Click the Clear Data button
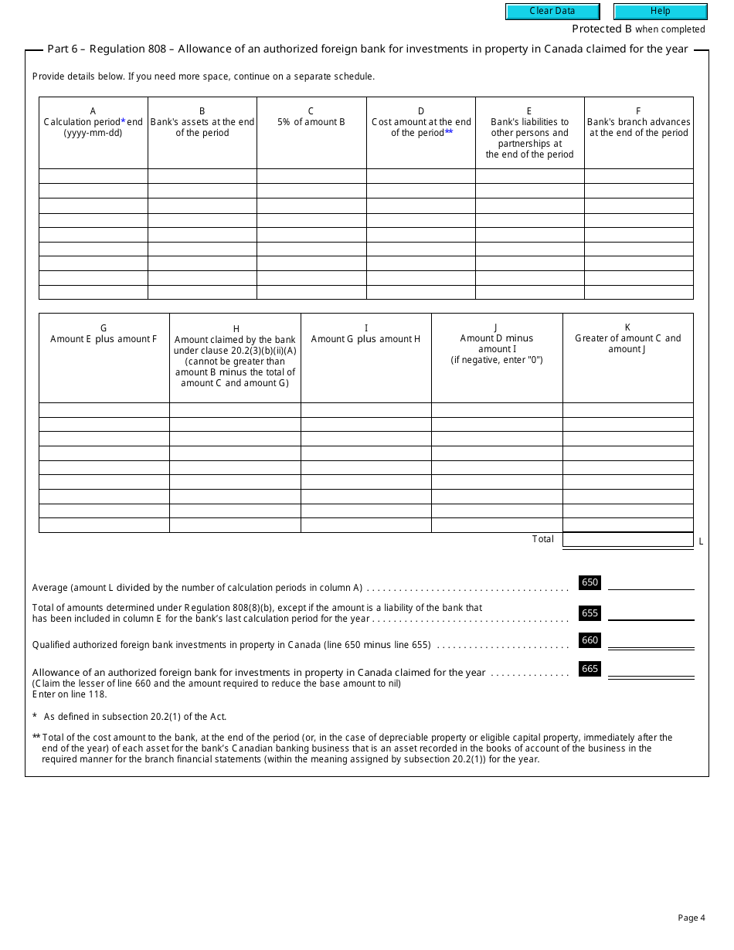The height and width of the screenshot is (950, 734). click(x=552, y=12)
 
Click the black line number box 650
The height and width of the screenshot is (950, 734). click(x=590, y=583)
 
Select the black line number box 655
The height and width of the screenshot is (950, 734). click(x=590, y=613)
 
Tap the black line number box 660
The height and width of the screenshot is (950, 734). click(x=590, y=640)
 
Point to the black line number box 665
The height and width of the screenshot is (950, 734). click(x=590, y=669)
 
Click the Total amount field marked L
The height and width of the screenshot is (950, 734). click(x=627, y=540)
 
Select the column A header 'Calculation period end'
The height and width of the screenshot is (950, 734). click(x=93, y=122)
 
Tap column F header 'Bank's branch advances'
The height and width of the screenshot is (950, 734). click(x=638, y=122)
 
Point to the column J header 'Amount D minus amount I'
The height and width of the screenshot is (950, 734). click(x=497, y=344)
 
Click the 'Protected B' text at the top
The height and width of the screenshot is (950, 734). click(x=601, y=29)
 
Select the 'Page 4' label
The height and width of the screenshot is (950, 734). click(x=692, y=918)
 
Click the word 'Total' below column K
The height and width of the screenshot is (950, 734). click(x=542, y=539)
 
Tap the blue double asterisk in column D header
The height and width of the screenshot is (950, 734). click(x=449, y=133)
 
